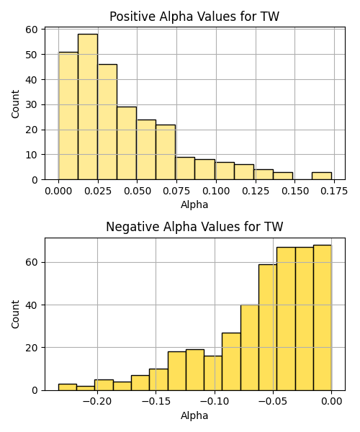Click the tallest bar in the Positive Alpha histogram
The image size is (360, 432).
click(88, 107)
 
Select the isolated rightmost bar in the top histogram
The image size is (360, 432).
click(322, 176)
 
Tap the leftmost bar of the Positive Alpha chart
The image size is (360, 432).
click(68, 116)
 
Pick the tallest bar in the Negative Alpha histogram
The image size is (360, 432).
click(323, 318)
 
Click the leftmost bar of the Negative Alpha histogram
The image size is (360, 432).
click(68, 387)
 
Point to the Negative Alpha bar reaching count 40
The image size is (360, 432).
click(250, 348)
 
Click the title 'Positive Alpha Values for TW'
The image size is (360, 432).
click(194, 17)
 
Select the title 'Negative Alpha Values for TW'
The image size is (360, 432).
click(194, 227)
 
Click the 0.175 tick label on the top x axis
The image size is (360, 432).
click(334, 192)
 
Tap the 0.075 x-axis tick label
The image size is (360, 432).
click(176, 192)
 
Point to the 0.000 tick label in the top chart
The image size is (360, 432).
click(58, 192)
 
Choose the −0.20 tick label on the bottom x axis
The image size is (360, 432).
click(97, 402)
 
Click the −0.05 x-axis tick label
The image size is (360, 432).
click(273, 402)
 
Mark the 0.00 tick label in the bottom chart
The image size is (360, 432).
click(332, 402)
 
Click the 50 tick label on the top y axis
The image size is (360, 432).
click(32, 55)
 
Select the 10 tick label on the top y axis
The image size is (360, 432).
click(32, 155)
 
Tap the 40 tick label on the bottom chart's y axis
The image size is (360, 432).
click(32, 305)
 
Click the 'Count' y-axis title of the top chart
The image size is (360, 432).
click(15, 104)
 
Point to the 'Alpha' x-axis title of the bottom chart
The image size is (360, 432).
click(194, 415)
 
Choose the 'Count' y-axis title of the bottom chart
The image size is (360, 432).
click(15, 315)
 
